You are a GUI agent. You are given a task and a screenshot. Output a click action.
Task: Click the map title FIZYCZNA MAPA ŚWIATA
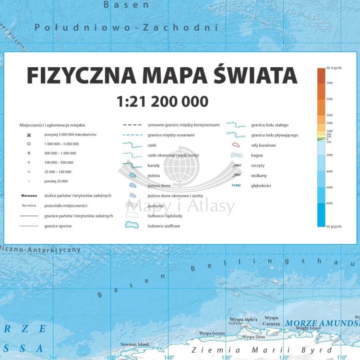pos(162,76)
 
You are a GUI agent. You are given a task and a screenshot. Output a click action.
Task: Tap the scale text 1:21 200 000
pos(162,101)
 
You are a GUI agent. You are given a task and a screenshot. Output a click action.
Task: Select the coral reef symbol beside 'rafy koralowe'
pos(236,145)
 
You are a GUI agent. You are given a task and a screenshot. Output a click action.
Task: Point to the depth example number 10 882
pos(236,185)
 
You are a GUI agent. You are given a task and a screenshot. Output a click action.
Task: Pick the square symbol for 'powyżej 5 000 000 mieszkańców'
pos(29,135)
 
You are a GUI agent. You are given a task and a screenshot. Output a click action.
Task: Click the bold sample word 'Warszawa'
pos(29,196)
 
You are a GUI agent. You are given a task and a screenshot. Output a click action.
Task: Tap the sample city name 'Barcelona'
pos(29,205)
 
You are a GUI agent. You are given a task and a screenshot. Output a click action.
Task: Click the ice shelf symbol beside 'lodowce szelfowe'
pos(131,226)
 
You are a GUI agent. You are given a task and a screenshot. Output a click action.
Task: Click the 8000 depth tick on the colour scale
pos(330,204)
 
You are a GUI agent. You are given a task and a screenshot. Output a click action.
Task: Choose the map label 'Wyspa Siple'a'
pos(243,319)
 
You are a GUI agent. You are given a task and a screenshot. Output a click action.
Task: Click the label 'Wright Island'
pos(308,328)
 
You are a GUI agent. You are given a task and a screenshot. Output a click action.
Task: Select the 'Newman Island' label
pos(134,344)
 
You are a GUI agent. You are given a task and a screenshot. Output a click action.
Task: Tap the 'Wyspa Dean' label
pos(253,337)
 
